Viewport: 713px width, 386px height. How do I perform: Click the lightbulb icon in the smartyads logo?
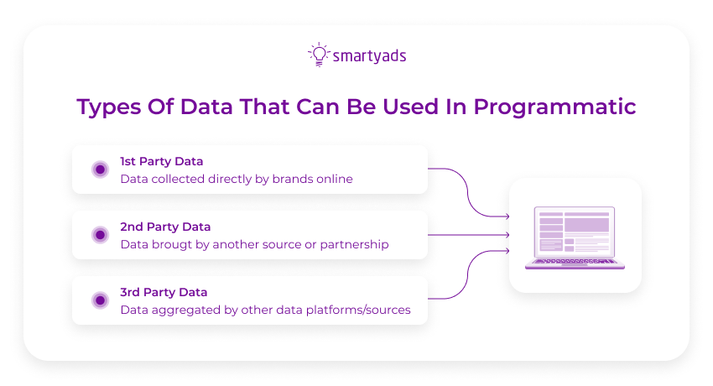click(318, 55)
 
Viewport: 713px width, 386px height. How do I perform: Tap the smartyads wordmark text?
click(368, 56)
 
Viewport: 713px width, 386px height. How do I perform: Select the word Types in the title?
click(107, 107)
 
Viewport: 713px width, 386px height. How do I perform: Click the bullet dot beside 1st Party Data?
click(100, 170)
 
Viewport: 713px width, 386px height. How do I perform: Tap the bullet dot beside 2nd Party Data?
click(100, 235)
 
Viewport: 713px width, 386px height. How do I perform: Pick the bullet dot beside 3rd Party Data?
click(100, 300)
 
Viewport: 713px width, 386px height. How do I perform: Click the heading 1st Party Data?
click(162, 161)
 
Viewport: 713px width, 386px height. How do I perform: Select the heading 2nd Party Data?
click(165, 227)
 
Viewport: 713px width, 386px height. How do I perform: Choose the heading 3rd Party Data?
click(164, 292)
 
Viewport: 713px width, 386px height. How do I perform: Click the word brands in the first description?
click(291, 179)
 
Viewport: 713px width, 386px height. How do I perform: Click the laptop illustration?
click(575, 237)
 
